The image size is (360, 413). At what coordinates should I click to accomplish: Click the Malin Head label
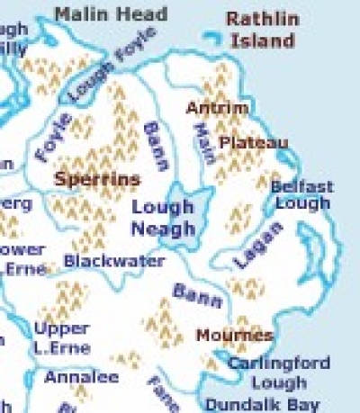coord(111,14)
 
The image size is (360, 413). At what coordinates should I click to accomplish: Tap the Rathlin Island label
coord(260,30)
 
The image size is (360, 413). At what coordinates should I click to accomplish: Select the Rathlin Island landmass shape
coord(214,37)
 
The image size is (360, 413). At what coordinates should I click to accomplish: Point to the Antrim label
coord(217,109)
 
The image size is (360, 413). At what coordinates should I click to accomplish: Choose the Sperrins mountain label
coord(97,179)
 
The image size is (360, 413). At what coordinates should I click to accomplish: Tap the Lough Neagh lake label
coord(163,217)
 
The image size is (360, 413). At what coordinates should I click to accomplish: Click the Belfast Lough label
coord(301,195)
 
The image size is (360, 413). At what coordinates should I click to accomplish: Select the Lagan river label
coord(258,245)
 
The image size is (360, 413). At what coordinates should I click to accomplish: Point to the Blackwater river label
coord(114,261)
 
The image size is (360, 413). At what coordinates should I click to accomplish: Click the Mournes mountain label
coord(234,336)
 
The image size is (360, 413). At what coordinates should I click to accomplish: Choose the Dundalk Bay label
coord(262,402)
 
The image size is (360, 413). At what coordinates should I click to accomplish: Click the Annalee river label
coord(81,376)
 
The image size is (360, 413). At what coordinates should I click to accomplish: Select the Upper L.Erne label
coord(62,337)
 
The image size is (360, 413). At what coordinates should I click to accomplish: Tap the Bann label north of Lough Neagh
coord(156,146)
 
